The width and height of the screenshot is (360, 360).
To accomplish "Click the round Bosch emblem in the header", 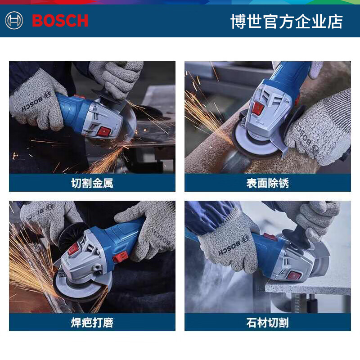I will tap(14, 21).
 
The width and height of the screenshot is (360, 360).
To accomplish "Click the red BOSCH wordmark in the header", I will tap(60, 21).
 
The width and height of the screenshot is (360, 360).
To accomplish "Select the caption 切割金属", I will tap(92, 183).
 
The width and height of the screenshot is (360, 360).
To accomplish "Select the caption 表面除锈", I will tap(267, 183).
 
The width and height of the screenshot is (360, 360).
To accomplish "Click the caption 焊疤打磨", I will tap(92, 322).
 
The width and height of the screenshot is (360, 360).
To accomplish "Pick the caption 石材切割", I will tap(267, 322).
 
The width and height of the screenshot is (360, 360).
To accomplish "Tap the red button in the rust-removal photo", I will tap(258, 108).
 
